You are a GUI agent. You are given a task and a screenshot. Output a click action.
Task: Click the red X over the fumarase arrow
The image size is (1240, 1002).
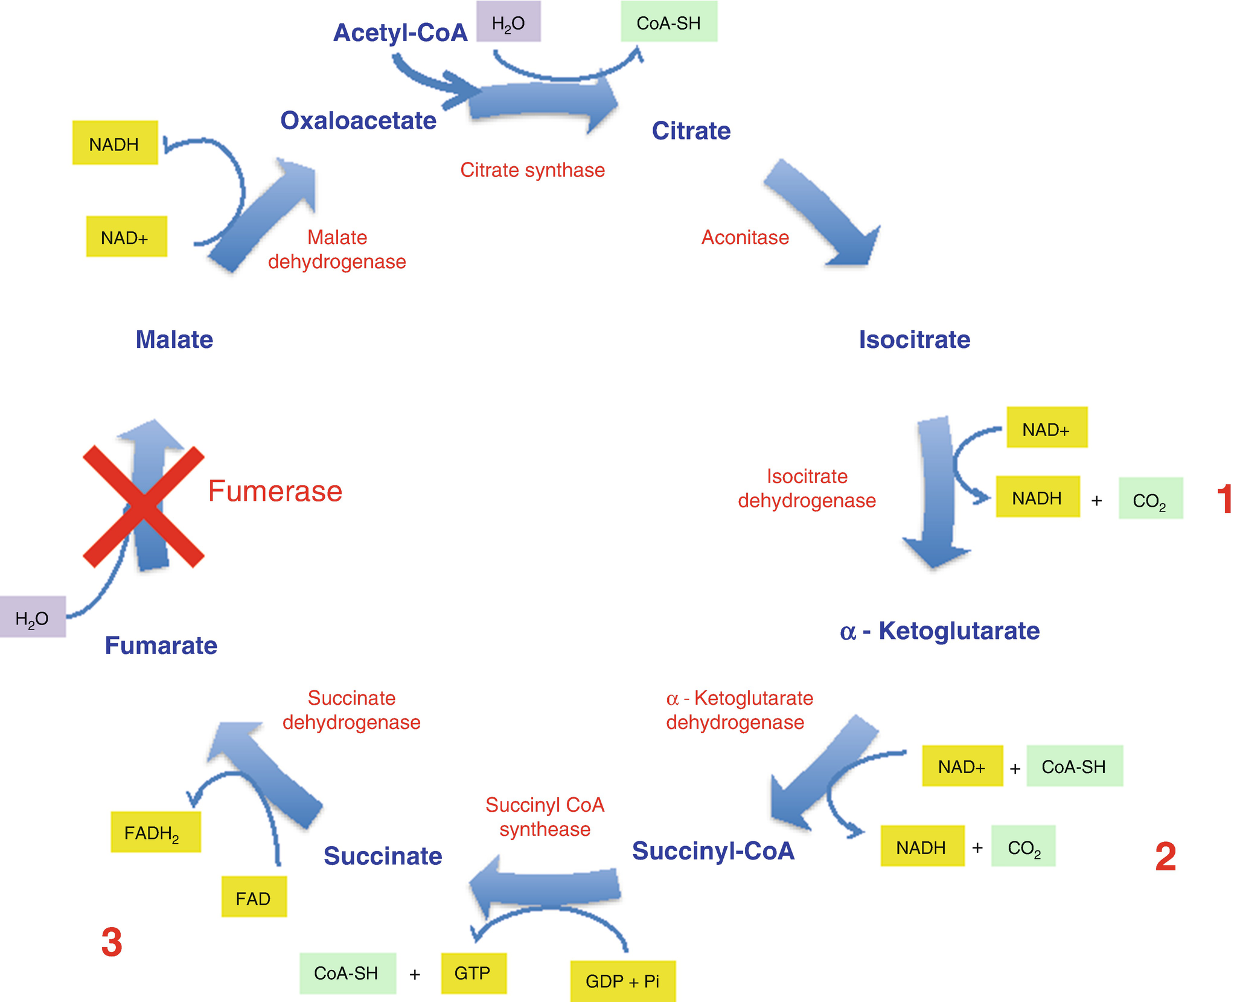[144, 507]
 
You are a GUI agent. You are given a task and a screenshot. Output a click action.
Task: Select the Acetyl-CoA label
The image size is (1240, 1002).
[400, 33]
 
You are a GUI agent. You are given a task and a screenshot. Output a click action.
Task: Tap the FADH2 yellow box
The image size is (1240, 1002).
[155, 832]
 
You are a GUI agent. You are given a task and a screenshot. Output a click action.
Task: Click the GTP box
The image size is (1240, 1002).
[473, 973]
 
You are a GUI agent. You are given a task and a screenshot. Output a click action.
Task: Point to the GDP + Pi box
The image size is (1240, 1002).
[622, 981]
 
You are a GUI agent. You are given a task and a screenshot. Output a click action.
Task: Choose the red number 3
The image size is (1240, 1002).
[112, 942]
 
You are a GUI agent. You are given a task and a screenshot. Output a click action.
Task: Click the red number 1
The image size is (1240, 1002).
[1224, 499]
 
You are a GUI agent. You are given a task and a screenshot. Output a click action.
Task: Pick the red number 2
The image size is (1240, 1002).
[1165, 856]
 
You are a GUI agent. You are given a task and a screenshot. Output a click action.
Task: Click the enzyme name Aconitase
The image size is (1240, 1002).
[745, 237]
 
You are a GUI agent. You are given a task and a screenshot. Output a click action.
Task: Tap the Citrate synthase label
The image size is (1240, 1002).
[532, 170]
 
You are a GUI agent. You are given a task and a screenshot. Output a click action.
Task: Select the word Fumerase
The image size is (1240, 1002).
[275, 491]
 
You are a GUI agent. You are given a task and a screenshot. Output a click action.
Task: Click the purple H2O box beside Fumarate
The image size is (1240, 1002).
[33, 617]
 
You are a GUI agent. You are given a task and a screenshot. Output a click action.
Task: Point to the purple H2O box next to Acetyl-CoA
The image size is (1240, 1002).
[508, 22]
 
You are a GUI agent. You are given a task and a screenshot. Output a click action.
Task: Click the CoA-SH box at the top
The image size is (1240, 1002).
[669, 22]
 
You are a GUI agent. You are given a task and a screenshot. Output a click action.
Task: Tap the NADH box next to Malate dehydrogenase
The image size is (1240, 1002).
[115, 144]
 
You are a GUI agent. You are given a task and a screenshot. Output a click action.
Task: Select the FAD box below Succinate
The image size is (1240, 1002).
[254, 898]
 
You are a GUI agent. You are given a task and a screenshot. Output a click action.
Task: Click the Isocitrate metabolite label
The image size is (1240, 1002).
[914, 339]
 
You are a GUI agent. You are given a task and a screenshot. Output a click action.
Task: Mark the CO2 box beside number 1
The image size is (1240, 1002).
[1150, 499]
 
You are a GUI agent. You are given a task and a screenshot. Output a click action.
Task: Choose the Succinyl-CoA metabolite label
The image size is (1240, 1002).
[713, 850]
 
